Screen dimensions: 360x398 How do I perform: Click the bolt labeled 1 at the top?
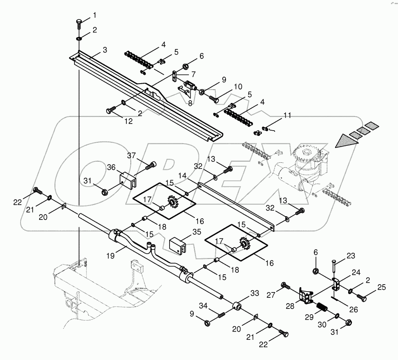[x=79, y=24]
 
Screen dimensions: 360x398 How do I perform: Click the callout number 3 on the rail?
[x=105, y=50]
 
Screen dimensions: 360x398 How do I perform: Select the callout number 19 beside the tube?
[x=110, y=255]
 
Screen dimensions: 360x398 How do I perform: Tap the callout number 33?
[x=255, y=293]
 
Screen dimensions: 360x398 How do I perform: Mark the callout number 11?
[x=287, y=116]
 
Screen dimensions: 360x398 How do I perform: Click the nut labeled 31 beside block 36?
[x=105, y=192]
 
